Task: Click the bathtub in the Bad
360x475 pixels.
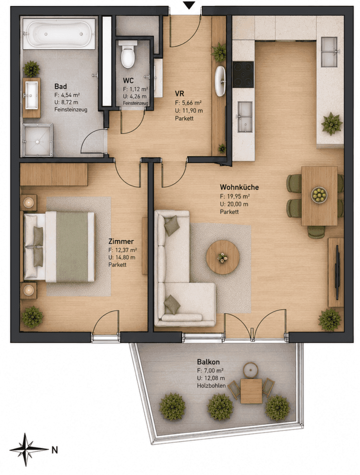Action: point(59,33)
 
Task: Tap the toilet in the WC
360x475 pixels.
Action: point(128,54)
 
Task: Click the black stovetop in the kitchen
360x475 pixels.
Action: point(243,74)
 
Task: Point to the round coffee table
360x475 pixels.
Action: point(223,257)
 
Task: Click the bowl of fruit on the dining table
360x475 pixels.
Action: point(319,195)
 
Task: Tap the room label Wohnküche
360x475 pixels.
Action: point(239,187)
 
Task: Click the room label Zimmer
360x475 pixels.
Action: point(121,241)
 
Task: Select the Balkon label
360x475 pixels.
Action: point(208,362)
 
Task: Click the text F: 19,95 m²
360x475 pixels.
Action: point(235,197)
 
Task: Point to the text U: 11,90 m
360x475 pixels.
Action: point(189,111)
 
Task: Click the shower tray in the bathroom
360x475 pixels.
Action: point(37,140)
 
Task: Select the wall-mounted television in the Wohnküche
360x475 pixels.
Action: point(337,273)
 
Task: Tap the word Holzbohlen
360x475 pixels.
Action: point(211,386)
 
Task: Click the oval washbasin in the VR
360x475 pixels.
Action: point(220,81)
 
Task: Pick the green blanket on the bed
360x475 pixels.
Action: point(72,247)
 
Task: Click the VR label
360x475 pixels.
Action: point(180,93)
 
